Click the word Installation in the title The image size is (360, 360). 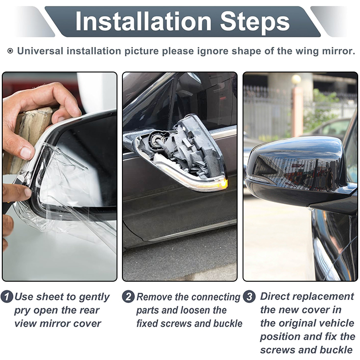(x=143, y=21)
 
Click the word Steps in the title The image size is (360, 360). (x=255, y=22)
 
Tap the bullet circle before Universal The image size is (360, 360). (x=10, y=51)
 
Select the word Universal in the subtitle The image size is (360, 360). (x=40, y=51)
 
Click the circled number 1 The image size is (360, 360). (x=7, y=297)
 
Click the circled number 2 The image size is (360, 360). (x=128, y=297)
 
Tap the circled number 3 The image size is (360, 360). (x=249, y=297)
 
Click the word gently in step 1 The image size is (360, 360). (x=94, y=297)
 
